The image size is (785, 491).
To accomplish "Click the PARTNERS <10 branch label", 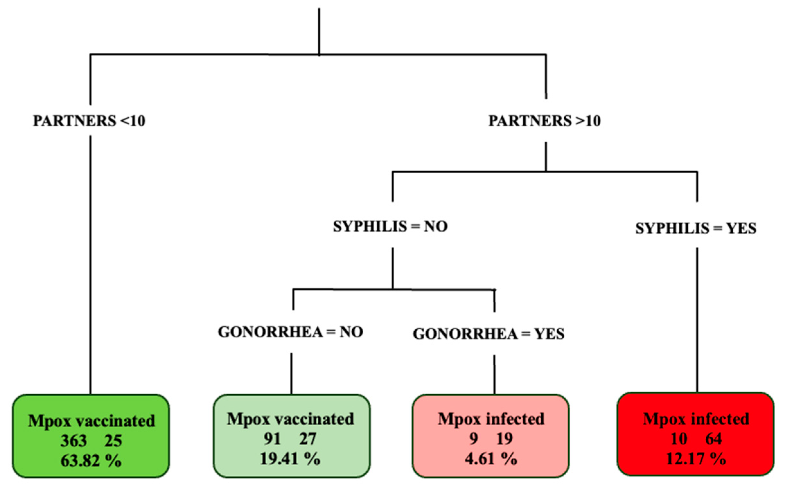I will pyautogui.click(x=89, y=121).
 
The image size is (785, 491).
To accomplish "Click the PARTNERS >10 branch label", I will pyautogui.click(x=544, y=121).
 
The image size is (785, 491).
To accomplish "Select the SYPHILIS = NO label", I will pyautogui.click(x=390, y=226).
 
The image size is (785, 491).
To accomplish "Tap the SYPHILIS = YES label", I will pyautogui.click(x=696, y=228).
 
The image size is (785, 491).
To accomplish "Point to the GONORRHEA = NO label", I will pyautogui.click(x=290, y=332).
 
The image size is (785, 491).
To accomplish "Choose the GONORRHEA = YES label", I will pyautogui.click(x=489, y=334).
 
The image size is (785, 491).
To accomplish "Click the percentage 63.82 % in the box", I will pyautogui.click(x=91, y=460).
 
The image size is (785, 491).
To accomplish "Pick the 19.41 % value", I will pyautogui.click(x=290, y=459).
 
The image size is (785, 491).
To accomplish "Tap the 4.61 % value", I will pyautogui.click(x=491, y=459).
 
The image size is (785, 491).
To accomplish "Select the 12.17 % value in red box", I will pyautogui.click(x=696, y=459).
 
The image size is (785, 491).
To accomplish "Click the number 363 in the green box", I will pyautogui.click(x=74, y=441).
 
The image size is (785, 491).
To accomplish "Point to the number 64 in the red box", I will pyautogui.click(x=713, y=439).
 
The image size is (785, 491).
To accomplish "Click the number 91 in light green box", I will pyautogui.click(x=272, y=439).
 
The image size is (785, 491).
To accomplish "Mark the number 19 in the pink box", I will pyautogui.click(x=505, y=439).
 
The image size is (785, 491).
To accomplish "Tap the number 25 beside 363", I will pyautogui.click(x=113, y=441).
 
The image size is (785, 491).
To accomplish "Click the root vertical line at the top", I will pyautogui.click(x=319, y=31).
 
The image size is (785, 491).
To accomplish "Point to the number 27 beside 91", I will pyautogui.click(x=307, y=439).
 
